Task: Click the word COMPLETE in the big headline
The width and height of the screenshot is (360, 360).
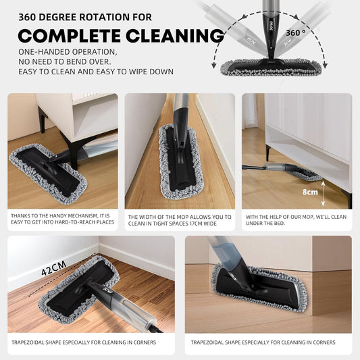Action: click(x=70, y=36)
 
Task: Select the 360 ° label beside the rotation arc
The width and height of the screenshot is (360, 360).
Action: click(x=296, y=33)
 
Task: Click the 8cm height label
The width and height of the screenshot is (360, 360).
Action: click(x=310, y=192)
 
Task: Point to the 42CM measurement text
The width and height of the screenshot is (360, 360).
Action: click(x=54, y=268)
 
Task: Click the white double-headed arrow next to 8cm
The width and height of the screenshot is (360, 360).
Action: click(x=323, y=194)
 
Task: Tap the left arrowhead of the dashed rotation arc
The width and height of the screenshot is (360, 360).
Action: click(x=213, y=66)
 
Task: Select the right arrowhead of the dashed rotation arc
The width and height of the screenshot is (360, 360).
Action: click(x=325, y=66)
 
